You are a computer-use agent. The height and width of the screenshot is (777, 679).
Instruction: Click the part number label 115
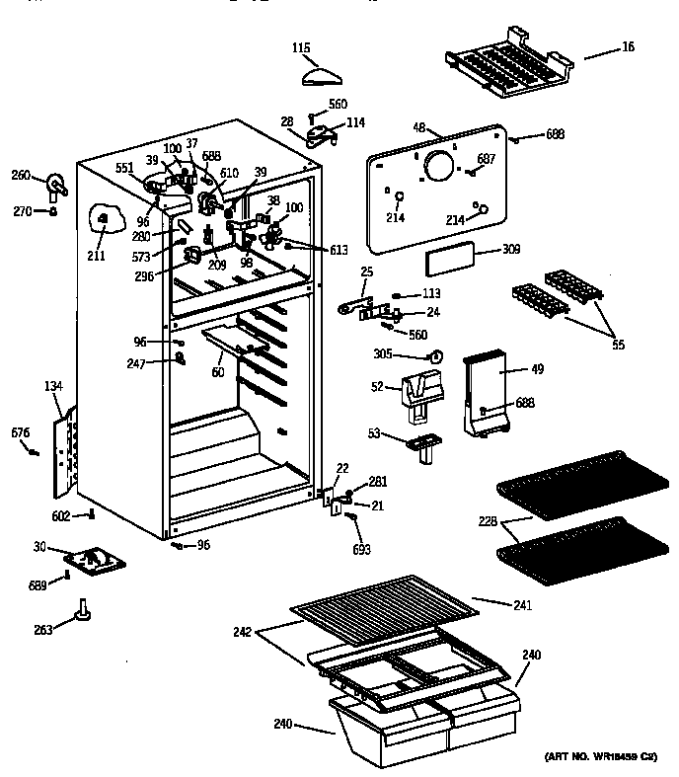[302, 46]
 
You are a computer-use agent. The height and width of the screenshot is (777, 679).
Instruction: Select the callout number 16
[629, 46]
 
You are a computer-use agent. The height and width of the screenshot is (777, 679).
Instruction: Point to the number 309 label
[510, 251]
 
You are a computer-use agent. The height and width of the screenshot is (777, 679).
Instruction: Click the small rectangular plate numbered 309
[449, 262]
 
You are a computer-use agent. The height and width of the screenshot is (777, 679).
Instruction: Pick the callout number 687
[487, 159]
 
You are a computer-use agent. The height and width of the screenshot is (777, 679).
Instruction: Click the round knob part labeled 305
[440, 354]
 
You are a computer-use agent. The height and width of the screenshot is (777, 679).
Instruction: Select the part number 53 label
[375, 432]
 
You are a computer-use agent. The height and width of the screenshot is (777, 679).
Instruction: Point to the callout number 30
[39, 548]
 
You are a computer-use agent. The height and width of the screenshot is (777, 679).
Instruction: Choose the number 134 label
[53, 386]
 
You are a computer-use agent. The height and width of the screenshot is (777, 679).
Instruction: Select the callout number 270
[22, 210]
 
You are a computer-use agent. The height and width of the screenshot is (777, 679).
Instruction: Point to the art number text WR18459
[600, 756]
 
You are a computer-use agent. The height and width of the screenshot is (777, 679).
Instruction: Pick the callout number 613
[338, 250]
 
